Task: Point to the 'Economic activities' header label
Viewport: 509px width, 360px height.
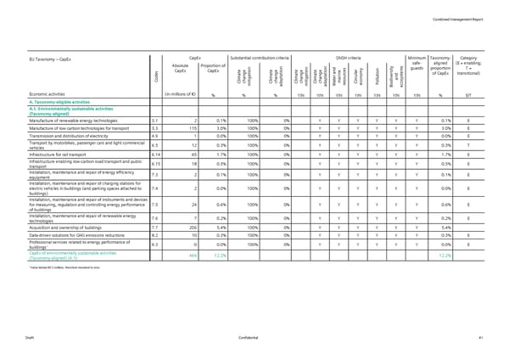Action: point(50,94)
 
